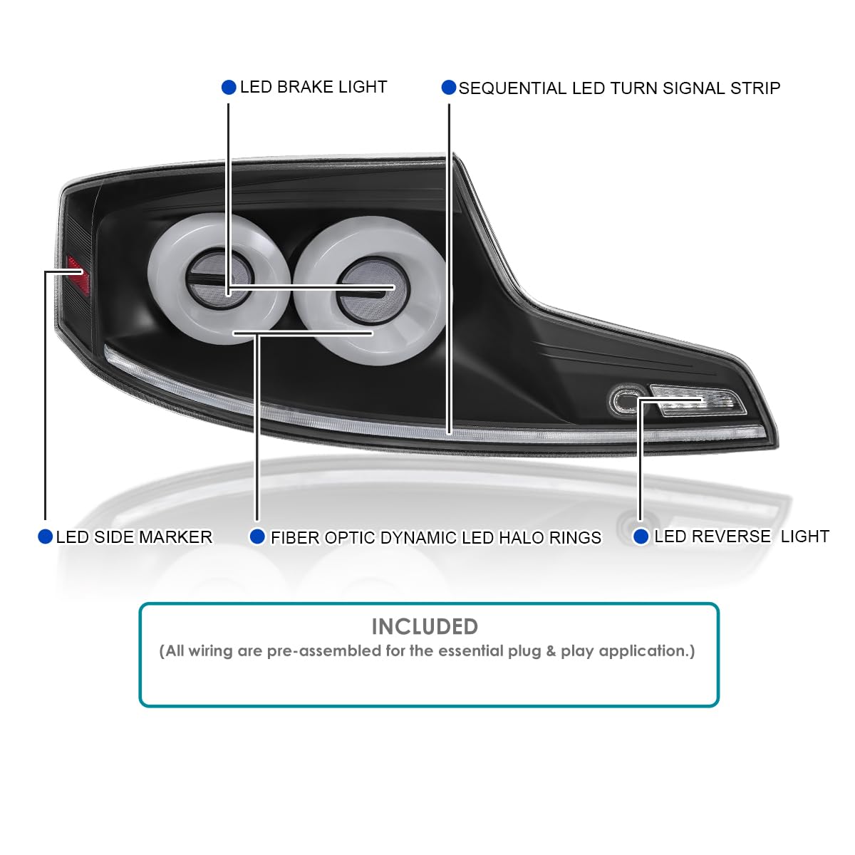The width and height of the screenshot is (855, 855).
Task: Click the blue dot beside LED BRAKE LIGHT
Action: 229,87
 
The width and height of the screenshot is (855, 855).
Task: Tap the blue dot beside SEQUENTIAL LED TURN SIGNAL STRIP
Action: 449,88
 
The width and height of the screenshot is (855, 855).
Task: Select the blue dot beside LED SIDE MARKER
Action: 46,537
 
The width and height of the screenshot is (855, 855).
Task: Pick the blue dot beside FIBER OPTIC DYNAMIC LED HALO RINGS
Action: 257,537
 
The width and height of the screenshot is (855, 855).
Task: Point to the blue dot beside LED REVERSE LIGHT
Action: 641,537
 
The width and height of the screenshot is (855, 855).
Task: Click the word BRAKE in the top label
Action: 305,87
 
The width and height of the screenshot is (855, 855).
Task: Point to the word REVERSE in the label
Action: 712,537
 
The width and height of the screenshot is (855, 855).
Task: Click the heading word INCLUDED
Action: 425,627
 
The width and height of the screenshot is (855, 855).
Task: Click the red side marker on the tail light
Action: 78,274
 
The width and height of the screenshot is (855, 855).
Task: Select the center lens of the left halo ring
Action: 219,279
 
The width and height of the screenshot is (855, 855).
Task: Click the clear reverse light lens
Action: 698,400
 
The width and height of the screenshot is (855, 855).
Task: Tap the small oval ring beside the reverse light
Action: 627,400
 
